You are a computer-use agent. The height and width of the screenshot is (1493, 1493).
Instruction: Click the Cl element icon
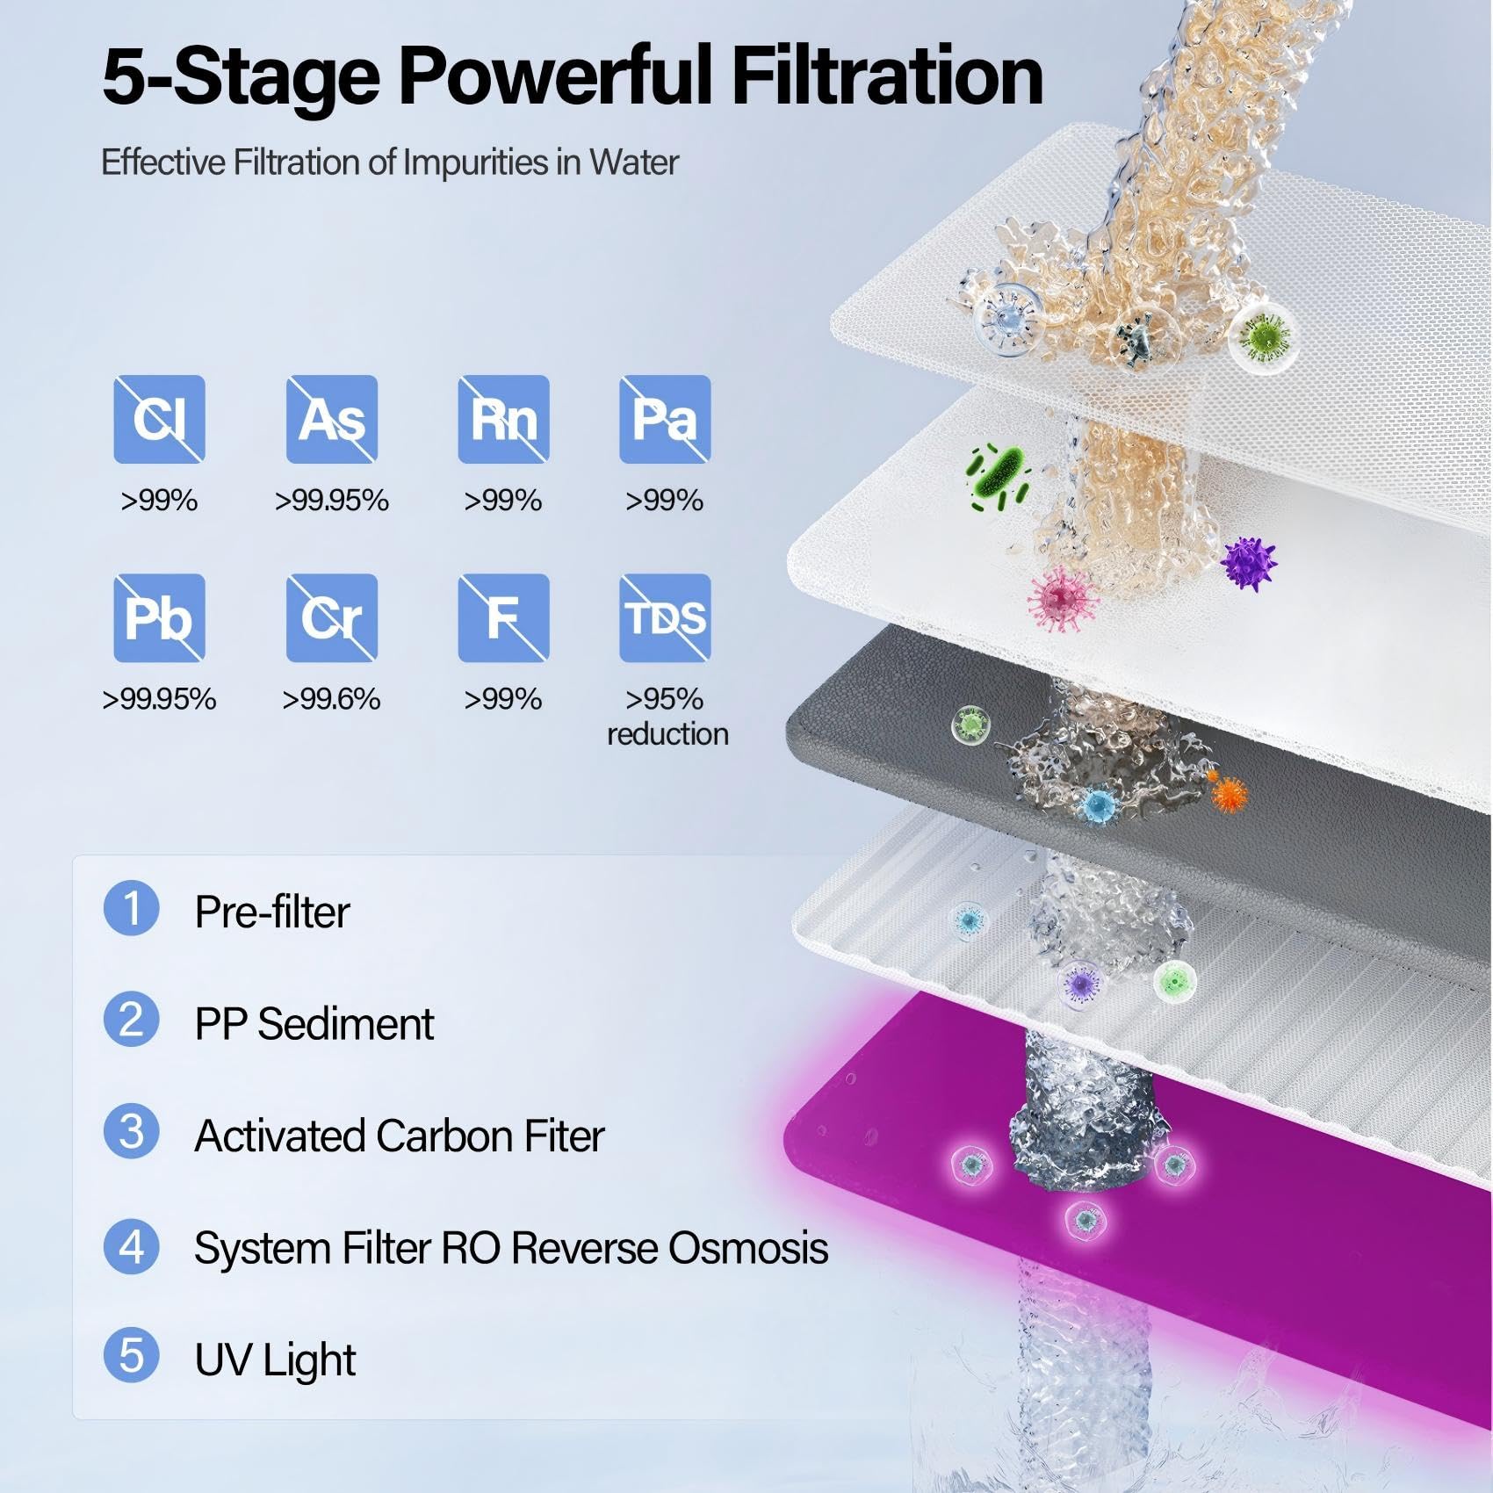pos(159,419)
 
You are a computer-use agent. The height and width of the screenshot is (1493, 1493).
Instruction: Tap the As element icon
pos(332,419)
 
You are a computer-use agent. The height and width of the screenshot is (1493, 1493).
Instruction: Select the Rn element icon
pos(503,419)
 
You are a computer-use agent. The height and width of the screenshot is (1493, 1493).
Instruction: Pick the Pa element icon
pos(665,419)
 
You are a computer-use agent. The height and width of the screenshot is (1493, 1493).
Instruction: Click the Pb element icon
pos(159,617)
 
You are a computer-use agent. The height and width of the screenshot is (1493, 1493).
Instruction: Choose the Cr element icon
pos(332,617)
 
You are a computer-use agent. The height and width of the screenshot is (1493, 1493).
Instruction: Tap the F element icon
pos(503,617)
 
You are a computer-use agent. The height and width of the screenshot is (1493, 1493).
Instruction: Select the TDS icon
pos(665,617)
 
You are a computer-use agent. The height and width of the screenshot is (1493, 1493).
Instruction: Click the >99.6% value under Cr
pos(331,699)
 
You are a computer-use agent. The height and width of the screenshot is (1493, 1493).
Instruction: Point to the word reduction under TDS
pos(667,734)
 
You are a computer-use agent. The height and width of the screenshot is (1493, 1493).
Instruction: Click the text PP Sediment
pos(314,1024)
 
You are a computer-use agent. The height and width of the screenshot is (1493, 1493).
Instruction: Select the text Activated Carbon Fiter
pos(400,1136)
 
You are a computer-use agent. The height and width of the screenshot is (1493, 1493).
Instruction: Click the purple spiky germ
pos(1248,564)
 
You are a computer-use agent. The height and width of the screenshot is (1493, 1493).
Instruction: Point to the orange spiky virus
pos(1227,793)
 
